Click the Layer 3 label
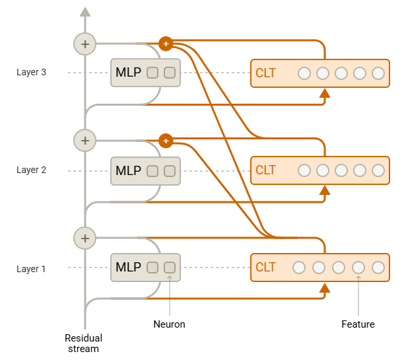click(x=31, y=72)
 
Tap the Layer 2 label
click(x=31, y=170)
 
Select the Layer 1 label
click(x=31, y=269)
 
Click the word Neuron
click(x=169, y=324)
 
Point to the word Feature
click(x=358, y=324)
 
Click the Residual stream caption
click(x=83, y=343)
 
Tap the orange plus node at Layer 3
click(x=166, y=44)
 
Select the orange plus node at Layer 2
click(x=166, y=141)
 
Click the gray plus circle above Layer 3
click(x=85, y=44)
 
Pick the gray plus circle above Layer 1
click(x=85, y=238)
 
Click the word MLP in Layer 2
click(x=128, y=170)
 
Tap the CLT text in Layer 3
click(x=265, y=73)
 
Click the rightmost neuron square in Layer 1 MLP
click(x=170, y=268)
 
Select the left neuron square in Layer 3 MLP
click(x=152, y=73)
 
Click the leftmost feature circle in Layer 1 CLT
click(x=299, y=268)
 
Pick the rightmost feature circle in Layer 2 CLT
click(x=378, y=170)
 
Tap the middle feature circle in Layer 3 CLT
click(x=341, y=73)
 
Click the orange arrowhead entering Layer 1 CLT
click(x=325, y=288)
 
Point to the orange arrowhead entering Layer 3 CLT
click(x=325, y=93)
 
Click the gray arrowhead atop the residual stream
click(x=85, y=12)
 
